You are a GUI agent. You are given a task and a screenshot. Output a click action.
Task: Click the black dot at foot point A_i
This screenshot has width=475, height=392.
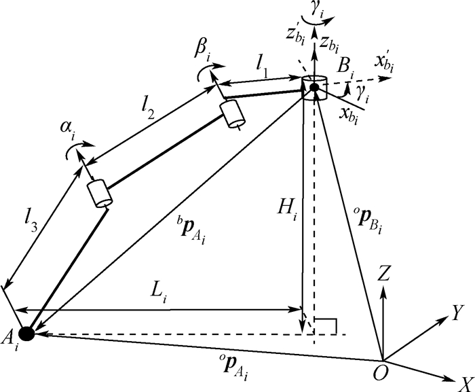point(26,334)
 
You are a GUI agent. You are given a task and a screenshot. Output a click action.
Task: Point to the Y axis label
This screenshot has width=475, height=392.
point(457,311)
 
